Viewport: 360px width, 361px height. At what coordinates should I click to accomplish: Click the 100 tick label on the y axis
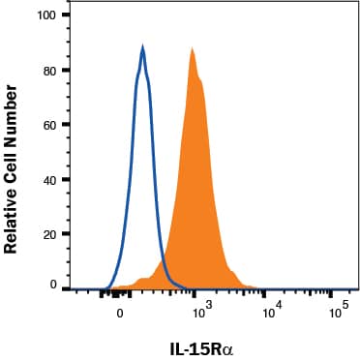(45, 16)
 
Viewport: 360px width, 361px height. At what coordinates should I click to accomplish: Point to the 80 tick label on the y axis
(47, 70)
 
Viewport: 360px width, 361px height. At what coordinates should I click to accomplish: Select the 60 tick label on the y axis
(47, 125)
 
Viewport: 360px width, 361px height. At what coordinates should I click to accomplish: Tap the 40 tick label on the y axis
(47, 180)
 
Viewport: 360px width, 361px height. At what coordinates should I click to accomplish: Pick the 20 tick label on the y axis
(47, 234)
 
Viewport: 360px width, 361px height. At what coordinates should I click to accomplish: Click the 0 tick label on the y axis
(51, 286)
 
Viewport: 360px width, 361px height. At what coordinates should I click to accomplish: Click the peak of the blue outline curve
(142, 46)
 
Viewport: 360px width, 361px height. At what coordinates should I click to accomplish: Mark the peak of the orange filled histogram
(193, 47)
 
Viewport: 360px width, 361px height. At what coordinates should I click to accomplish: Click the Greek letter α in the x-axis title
(226, 346)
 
